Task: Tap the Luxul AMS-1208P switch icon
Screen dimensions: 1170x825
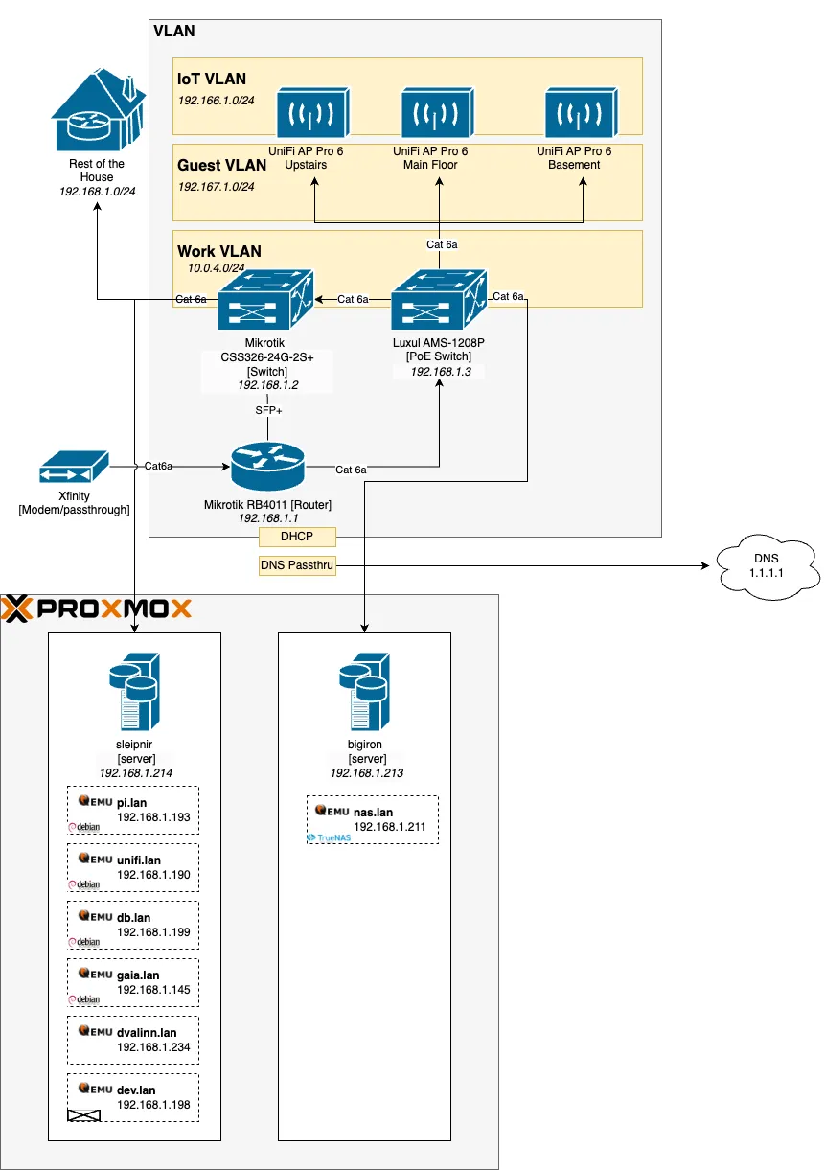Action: point(438,301)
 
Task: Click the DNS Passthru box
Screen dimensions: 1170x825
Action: point(298,565)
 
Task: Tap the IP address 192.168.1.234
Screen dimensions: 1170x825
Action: point(153,1047)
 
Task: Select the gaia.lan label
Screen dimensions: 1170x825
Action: point(139,975)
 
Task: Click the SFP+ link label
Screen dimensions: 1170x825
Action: point(268,410)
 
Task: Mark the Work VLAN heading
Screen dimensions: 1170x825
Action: point(219,251)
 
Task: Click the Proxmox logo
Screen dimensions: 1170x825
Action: point(97,608)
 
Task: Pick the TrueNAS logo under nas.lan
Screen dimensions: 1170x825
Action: point(330,837)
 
